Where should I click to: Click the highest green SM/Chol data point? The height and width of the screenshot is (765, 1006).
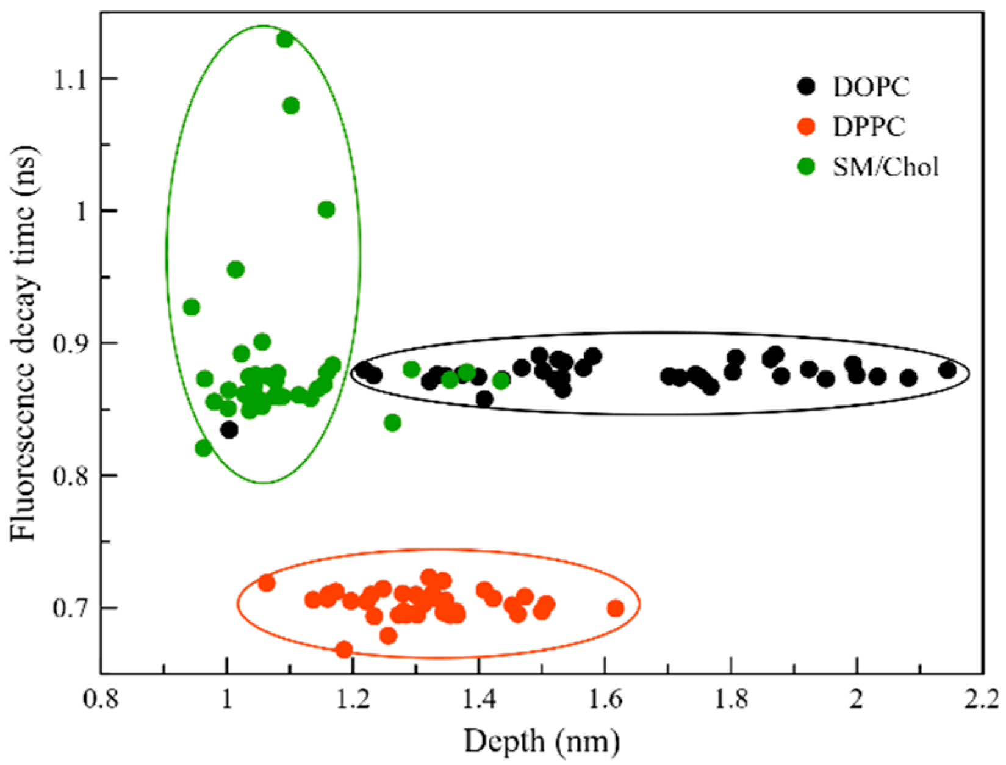pos(284,40)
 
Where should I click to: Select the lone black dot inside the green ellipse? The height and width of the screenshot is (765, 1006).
pos(229,430)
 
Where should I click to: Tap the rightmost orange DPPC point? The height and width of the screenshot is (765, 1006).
pos(616,608)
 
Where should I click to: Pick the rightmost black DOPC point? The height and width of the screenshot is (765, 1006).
pos(947,370)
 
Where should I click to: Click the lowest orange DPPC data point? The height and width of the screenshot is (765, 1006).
pos(344,649)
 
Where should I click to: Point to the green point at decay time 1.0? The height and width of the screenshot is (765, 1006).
pos(326,210)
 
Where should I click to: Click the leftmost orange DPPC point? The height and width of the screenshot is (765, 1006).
pos(267,583)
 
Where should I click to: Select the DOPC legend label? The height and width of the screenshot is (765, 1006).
pos(871,87)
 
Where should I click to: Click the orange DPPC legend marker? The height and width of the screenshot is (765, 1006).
pos(807,127)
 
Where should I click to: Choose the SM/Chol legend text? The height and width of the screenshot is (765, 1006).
pos(885,167)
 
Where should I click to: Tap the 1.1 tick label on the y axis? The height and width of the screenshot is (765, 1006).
pos(70,79)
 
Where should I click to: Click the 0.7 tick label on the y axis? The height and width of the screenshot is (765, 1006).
pos(70,608)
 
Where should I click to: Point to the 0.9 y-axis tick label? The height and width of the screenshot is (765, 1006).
pos(70,343)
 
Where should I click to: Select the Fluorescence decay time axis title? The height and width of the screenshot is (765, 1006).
pos(24,343)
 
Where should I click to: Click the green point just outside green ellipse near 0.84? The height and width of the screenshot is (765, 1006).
pos(392,422)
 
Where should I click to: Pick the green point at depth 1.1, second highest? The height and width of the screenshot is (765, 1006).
pos(291,106)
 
